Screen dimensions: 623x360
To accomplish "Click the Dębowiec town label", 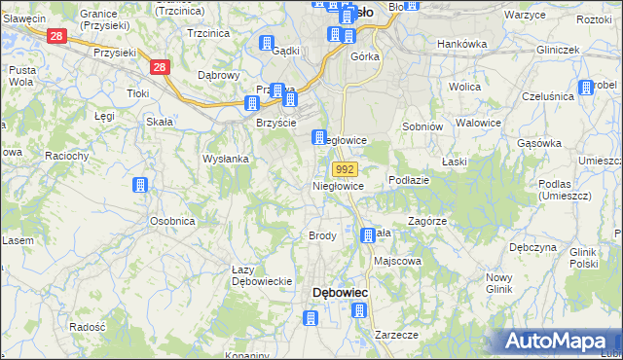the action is click(340, 292).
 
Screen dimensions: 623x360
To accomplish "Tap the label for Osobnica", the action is click(172, 221).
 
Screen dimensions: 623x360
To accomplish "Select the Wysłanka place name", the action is click(226, 159).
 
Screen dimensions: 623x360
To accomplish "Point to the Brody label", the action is click(322, 236).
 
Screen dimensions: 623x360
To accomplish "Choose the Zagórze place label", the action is click(427, 221).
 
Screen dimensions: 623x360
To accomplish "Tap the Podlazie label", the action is click(409, 180).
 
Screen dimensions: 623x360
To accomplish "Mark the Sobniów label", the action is click(422, 126).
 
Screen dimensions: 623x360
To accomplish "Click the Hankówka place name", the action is click(461, 44).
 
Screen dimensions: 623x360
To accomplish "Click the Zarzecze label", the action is click(396, 334).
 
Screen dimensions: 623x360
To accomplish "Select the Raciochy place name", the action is click(66, 155).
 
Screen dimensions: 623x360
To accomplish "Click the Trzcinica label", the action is click(206, 32).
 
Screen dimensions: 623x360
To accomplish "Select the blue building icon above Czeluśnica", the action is click(586, 89).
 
